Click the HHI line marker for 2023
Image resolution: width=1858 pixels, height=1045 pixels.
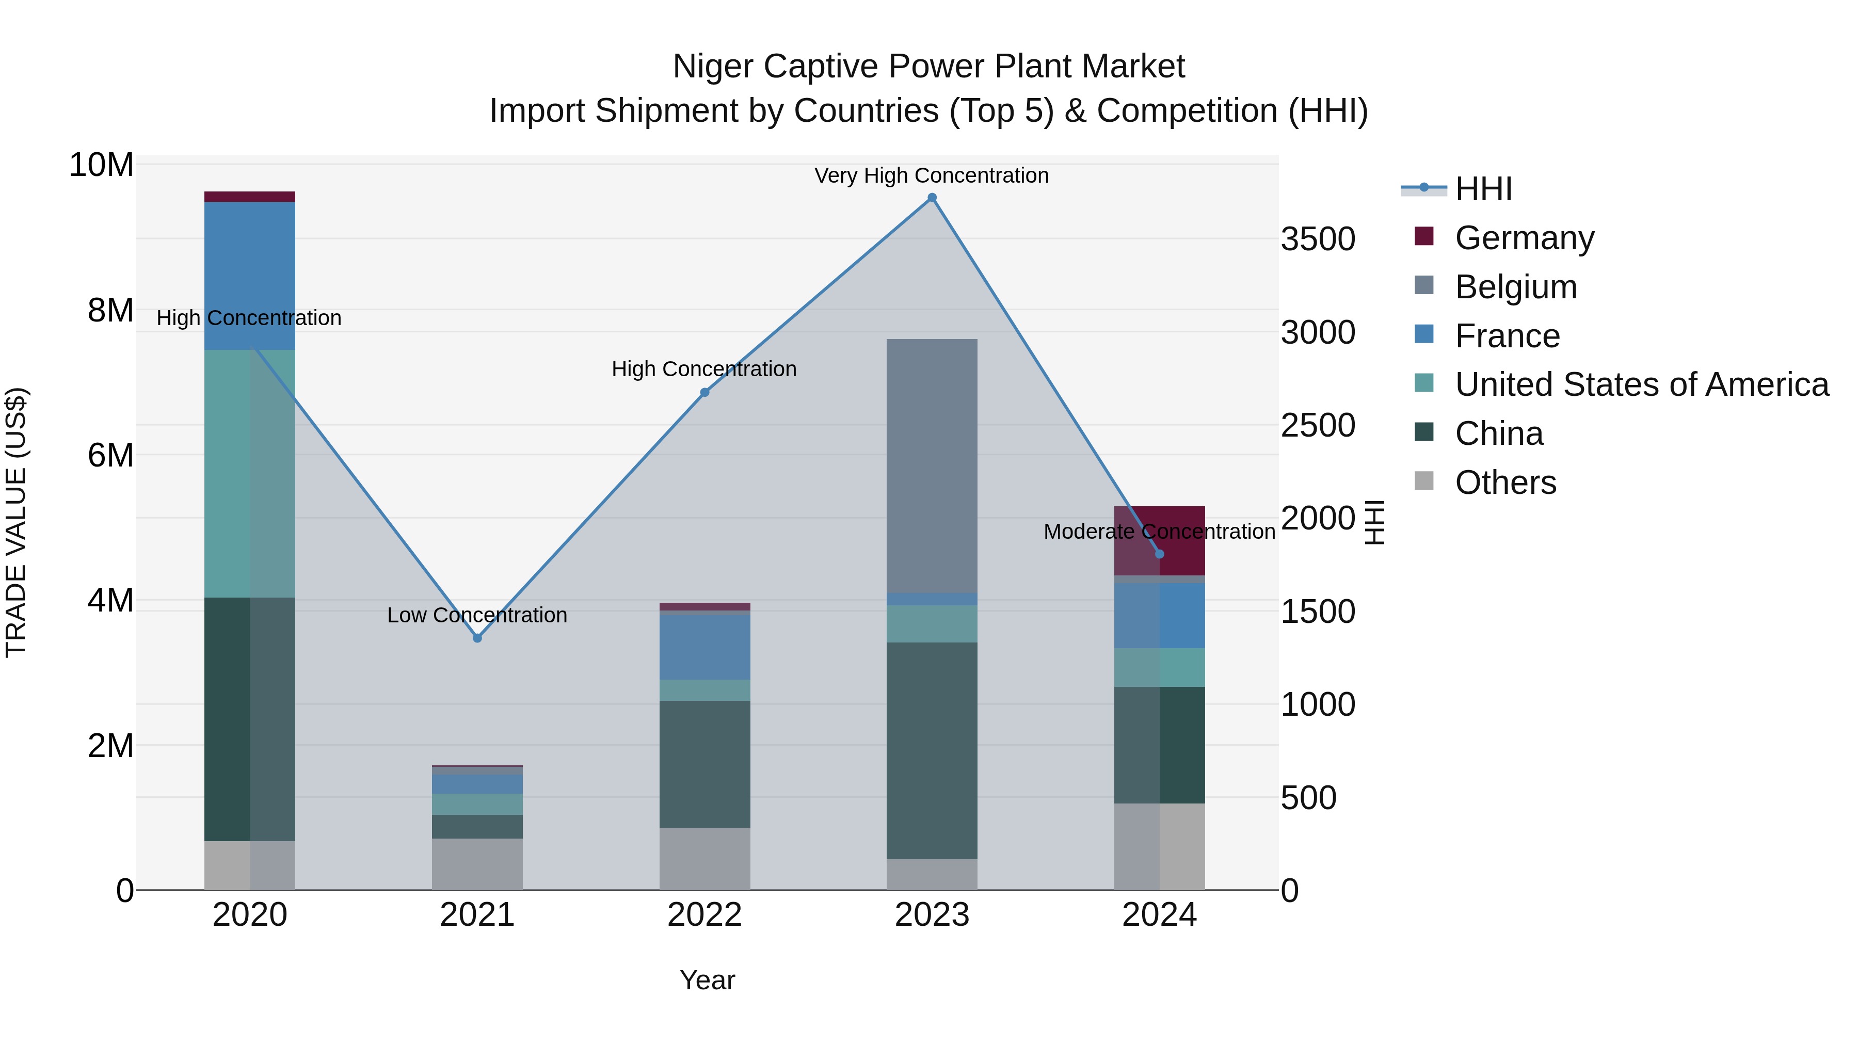[x=932, y=198]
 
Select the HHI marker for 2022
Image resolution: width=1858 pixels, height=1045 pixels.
[x=704, y=392]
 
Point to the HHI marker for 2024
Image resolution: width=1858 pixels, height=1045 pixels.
[x=1159, y=554]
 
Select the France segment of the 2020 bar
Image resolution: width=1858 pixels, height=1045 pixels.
[x=250, y=276]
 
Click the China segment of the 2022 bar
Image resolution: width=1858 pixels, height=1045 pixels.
[x=704, y=764]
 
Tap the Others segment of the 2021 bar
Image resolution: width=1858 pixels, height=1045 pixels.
[x=477, y=864]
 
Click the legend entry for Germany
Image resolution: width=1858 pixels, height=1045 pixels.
[x=1524, y=238]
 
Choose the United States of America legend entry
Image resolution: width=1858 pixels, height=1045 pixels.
[x=1641, y=384]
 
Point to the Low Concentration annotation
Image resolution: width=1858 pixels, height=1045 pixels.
[x=477, y=615]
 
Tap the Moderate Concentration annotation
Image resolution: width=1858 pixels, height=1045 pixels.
[x=1159, y=532]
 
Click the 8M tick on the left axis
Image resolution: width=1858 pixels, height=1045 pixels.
[x=109, y=310]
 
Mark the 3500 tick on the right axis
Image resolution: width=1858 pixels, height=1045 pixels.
[x=1318, y=239]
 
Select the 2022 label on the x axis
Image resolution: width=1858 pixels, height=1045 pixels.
[x=704, y=915]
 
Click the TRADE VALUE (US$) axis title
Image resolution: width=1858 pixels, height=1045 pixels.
[x=16, y=522]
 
